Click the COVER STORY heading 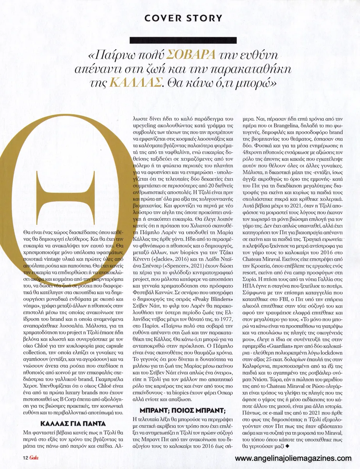click(x=182, y=18)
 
